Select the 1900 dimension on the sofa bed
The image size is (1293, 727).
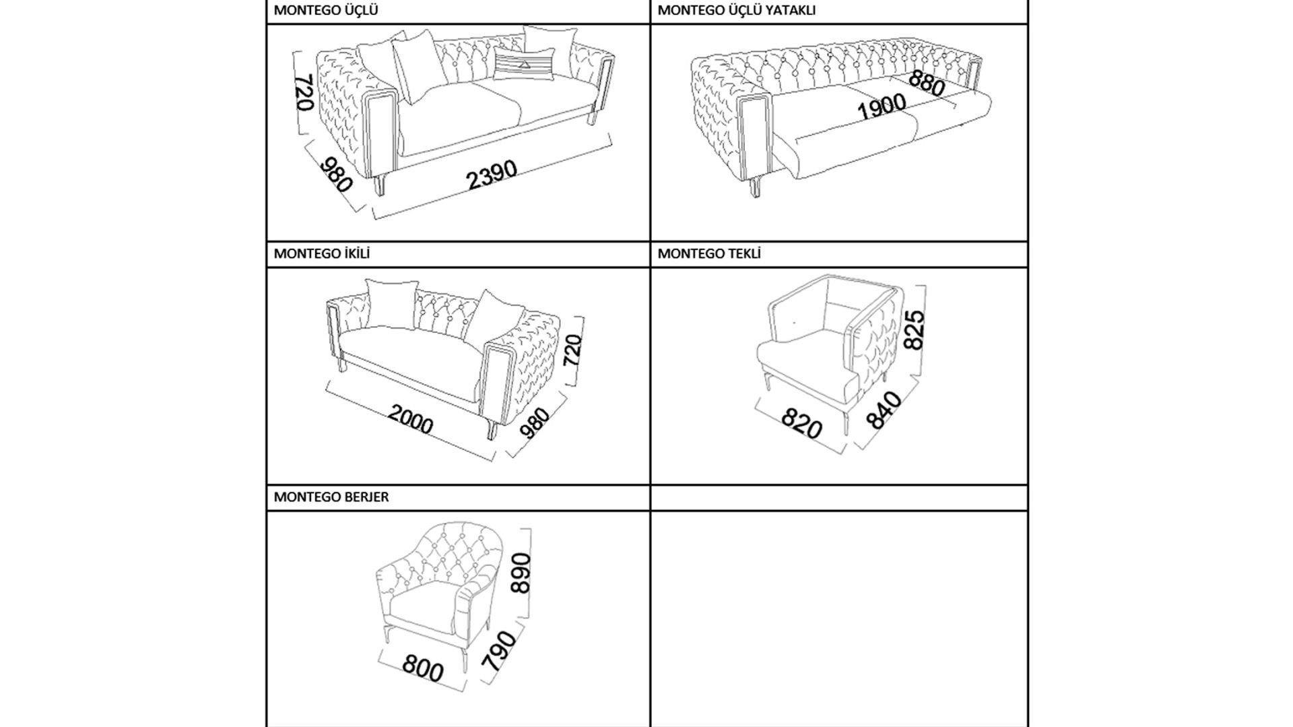pos(882,107)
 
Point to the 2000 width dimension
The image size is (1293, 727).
pos(410,420)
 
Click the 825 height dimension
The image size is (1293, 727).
pos(914,329)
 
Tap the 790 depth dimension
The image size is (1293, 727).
pos(499,650)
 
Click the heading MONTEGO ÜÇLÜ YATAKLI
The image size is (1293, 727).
pos(737,11)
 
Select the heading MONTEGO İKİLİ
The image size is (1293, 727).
pos(322,254)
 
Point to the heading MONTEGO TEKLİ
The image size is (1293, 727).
pos(709,254)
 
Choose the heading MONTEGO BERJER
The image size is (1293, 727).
pos(331,497)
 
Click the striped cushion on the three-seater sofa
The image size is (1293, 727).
pos(523,64)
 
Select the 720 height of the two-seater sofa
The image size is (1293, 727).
pos(573,350)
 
